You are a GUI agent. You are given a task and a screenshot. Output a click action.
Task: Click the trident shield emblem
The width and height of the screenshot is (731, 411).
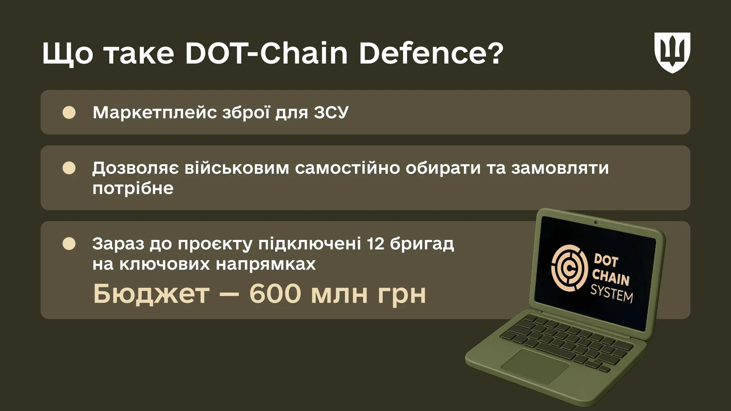tap(672, 53)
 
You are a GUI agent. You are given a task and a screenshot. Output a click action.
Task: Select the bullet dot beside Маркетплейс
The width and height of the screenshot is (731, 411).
tap(69, 113)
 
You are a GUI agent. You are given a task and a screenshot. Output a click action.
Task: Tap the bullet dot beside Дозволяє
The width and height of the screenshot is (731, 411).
tap(69, 168)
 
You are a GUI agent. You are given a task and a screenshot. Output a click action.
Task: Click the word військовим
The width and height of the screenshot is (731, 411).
tap(237, 168)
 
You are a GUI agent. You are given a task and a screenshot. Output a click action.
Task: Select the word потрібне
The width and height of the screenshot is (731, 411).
tap(133, 189)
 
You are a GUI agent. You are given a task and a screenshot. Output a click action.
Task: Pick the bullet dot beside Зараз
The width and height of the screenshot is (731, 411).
tap(69, 244)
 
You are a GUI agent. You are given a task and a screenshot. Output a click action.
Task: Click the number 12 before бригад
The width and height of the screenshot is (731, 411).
tap(375, 243)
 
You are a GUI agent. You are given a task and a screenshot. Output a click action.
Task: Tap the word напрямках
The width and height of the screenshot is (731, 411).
tap(266, 264)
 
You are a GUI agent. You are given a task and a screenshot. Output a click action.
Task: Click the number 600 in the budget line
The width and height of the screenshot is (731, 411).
tap(275, 293)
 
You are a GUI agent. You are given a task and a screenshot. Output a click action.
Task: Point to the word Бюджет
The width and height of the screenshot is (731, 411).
tap(151, 293)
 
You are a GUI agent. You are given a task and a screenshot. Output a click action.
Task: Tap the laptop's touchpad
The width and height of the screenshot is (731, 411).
tap(535, 366)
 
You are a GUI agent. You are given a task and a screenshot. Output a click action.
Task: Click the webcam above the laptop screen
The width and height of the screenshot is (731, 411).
tap(596, 222)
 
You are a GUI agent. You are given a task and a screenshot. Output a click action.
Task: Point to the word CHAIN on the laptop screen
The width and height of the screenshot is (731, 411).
tap(610, 277)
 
